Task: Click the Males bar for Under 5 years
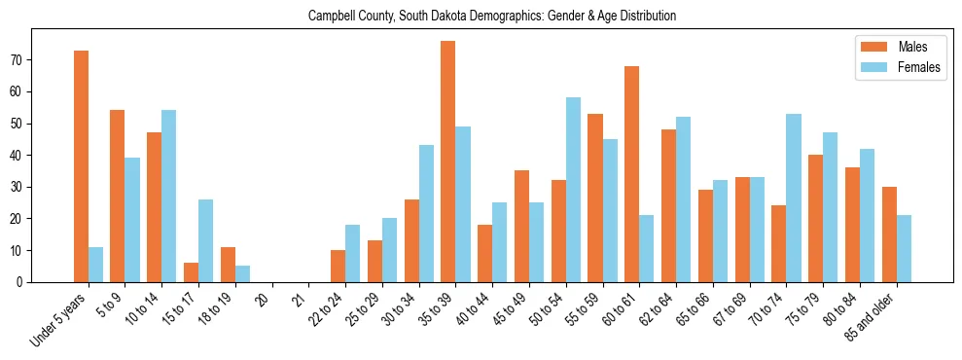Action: [x=81, y=166]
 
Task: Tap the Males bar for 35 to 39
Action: [x=447, y=162]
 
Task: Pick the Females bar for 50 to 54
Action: [x=573, y=190]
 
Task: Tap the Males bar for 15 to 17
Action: [x=191, y=272]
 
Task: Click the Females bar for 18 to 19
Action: [x=242, y=274]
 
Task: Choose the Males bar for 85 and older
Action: [x=888, y=234]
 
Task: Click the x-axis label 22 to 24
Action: [x=327, y=308]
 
